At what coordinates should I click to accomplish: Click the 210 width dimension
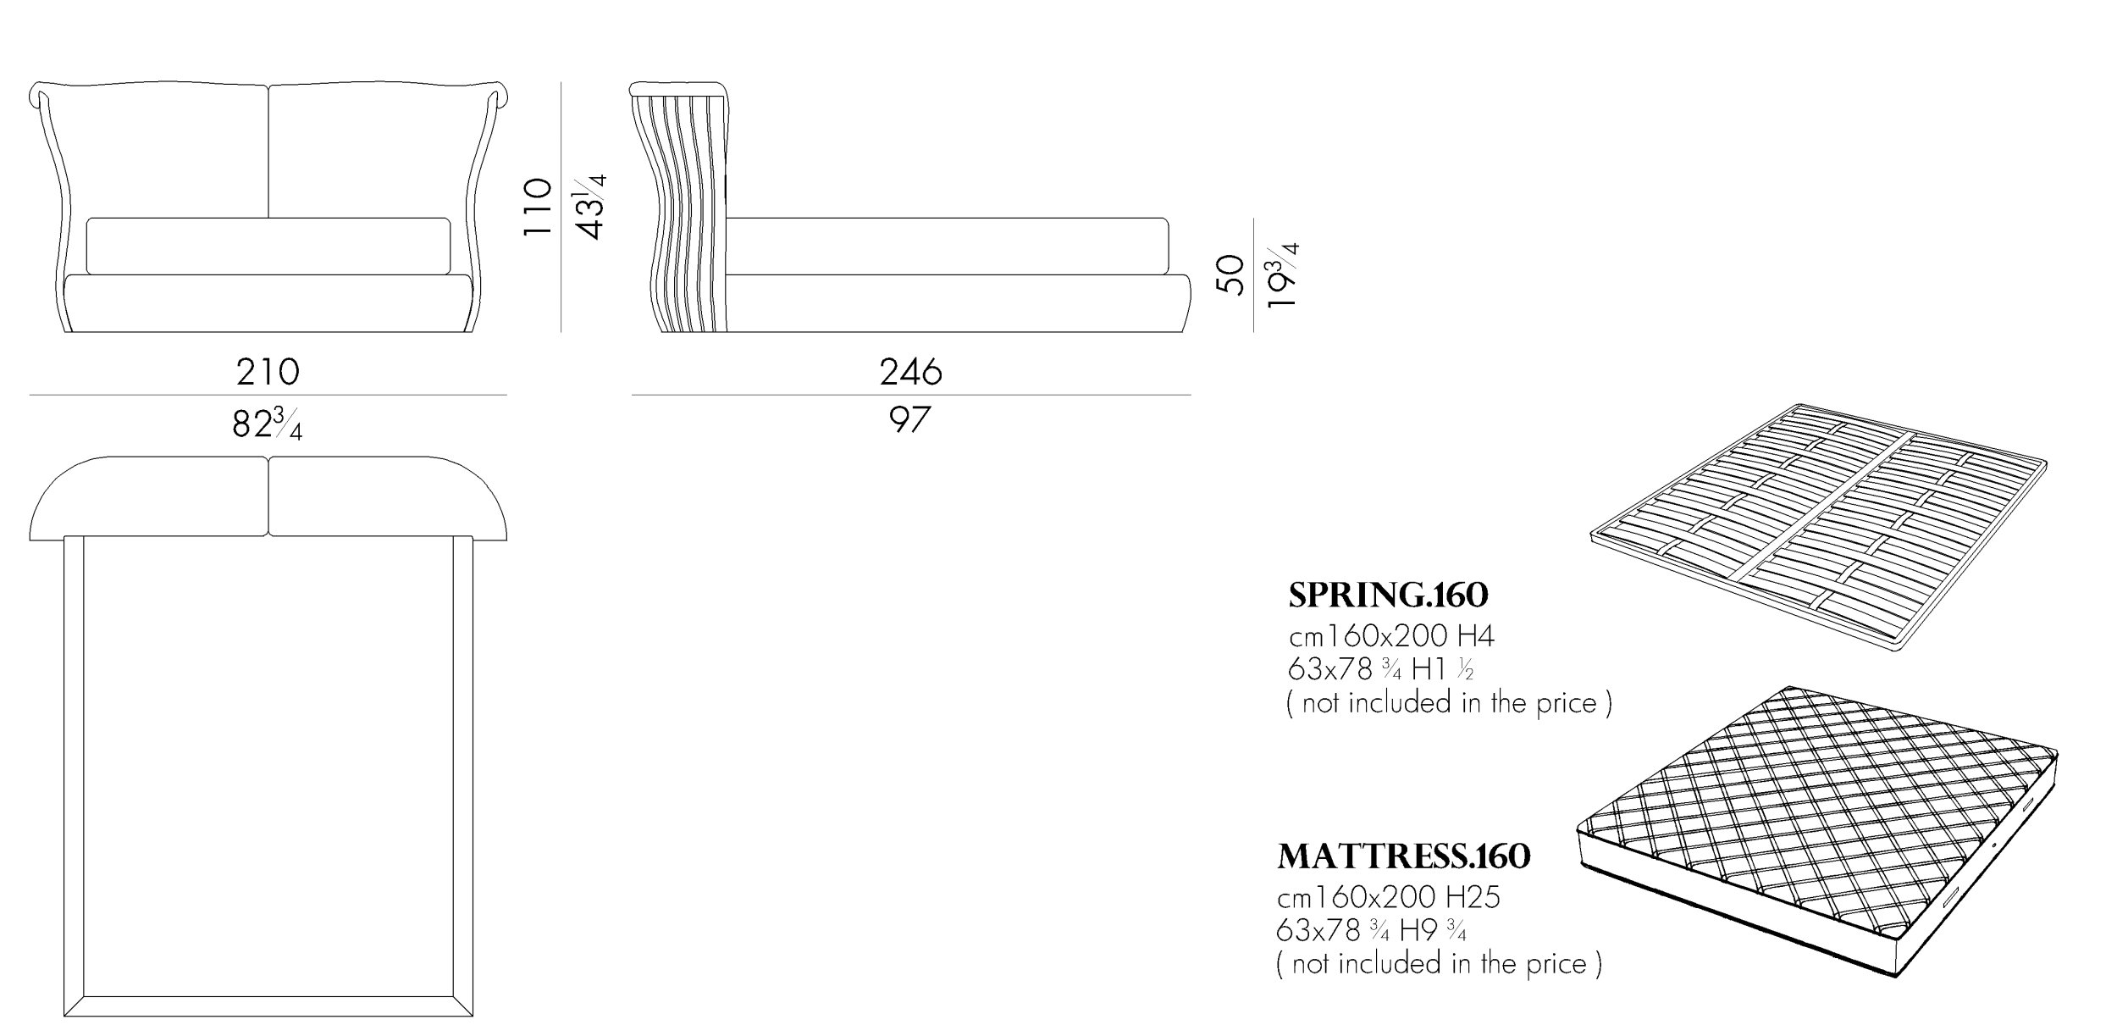click(x=268, y=372)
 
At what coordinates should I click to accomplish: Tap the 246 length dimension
click(x=910, y=372)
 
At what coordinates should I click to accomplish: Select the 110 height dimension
click(x=538, y=207)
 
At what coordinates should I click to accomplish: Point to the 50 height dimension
click(x=1230, y=274)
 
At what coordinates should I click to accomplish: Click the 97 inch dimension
click(x=910, y=419)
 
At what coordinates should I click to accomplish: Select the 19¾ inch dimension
click(x=1282, y=275)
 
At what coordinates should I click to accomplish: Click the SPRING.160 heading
click(x=1388, y=596)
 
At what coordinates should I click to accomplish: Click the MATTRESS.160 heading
click(x=1404, y=856)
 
